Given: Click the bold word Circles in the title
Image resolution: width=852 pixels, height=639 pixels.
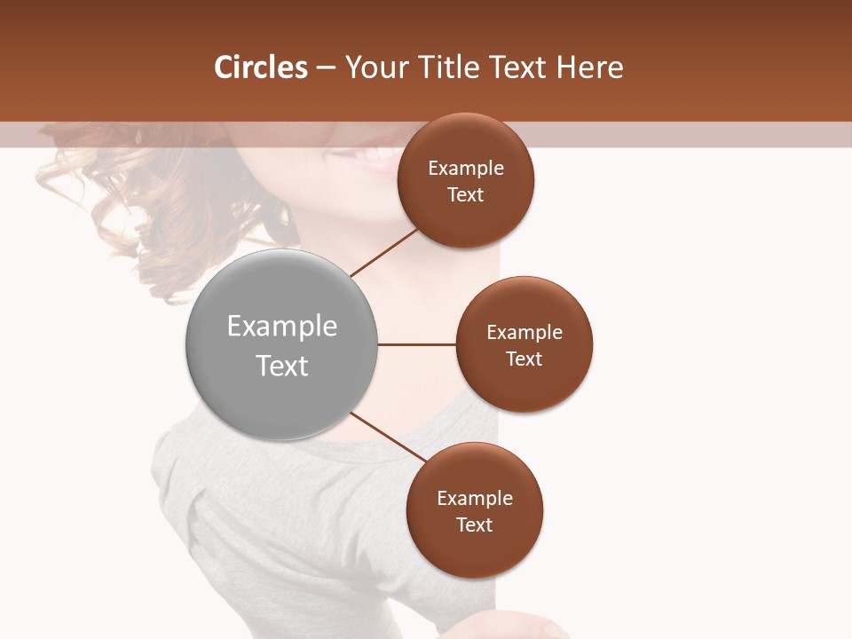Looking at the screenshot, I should pyautogui.click(x=261, y=67).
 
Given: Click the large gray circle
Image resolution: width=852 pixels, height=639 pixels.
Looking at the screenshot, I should pyautogui.click(x=281, y=390).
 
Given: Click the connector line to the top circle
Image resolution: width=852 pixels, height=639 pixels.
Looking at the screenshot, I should pyautogui.click(x=383, y=253).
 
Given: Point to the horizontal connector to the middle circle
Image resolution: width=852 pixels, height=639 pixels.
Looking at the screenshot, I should pyautogui.click(x=416, y=344).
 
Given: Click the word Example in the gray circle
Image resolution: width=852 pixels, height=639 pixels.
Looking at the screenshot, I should pyautogui.click(x=282, y=327).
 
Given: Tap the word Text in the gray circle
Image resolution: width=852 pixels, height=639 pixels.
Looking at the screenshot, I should pyautogui.click(x=282, y=366).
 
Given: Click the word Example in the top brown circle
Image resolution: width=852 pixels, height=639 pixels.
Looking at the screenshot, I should pyautogui.click(x=466, y=169).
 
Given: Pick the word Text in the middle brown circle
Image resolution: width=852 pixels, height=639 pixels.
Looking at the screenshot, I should pyautogui.click(x=525, y=359).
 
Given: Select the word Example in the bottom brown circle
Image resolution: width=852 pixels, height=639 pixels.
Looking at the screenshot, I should pyautogui.click(x=475, y=498).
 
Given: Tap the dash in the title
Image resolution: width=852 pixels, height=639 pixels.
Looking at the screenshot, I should pyautogui.click(x=326, y=67).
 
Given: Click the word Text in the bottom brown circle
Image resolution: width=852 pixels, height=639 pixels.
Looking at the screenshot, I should pyautogui.click(x=475, y=525).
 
